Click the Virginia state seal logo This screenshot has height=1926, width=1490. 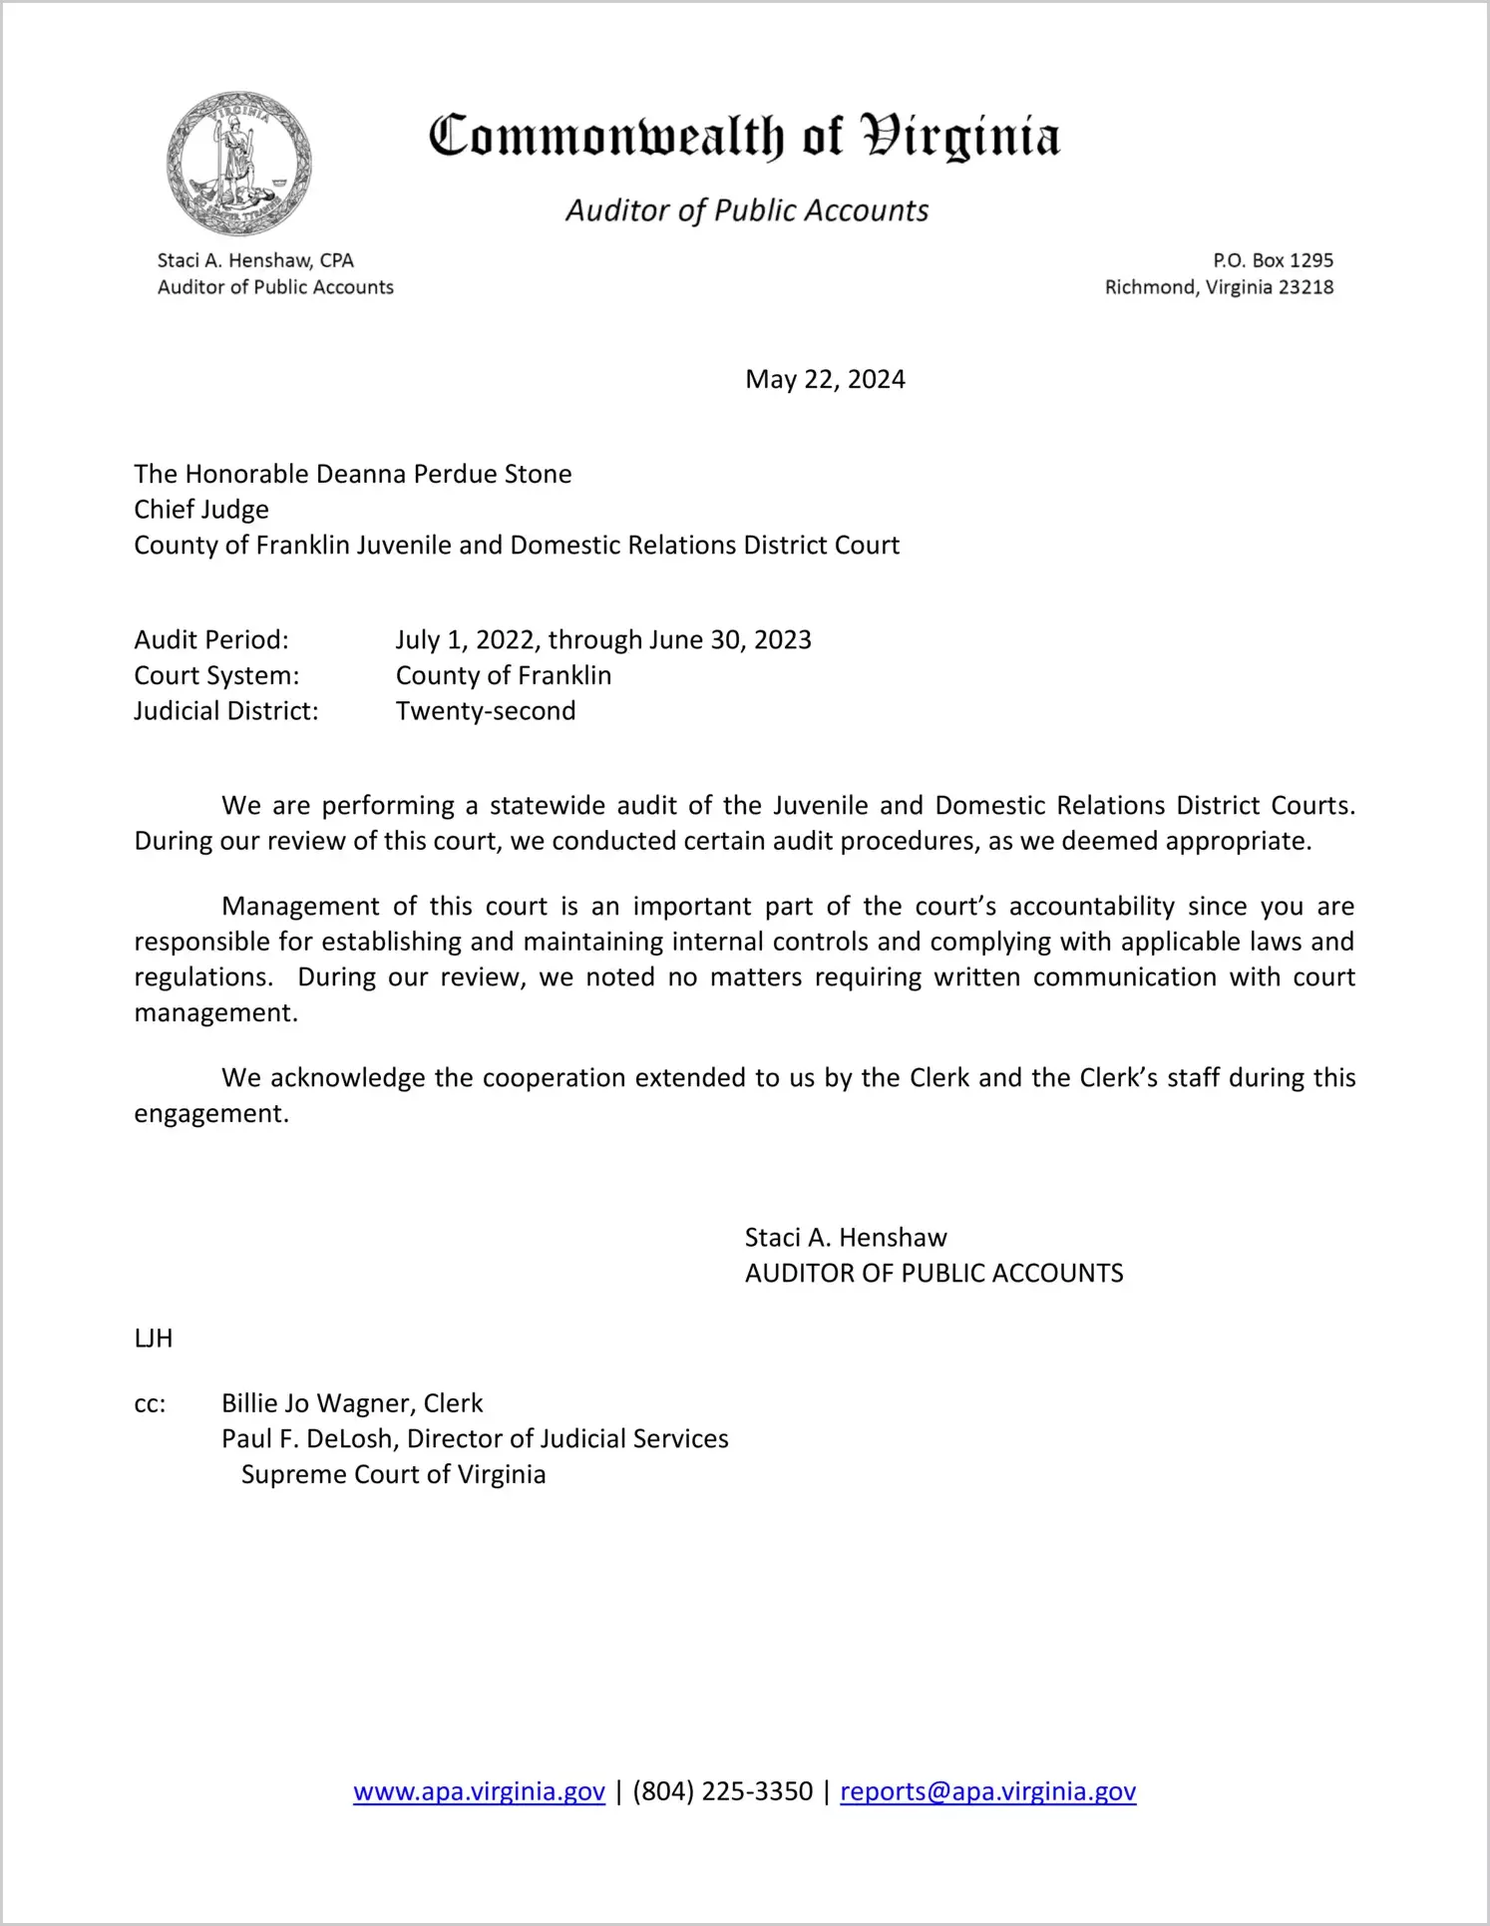pyautogui.click(x=238, y=165)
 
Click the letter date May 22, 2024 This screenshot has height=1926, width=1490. pyautogui.click(x=825, y=379)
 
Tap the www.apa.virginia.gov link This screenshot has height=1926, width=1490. pyautogui.click(x=479, y=1791)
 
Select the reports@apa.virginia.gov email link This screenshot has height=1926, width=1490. pyautogui.click(x=987, y=1791)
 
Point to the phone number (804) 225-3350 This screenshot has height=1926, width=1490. pyautogui.click(x=722, y=1791)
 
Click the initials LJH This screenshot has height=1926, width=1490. pyautogui.click(x=154, y=1339)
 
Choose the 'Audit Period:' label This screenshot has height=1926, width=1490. pyautogui.click(x=211, y=639)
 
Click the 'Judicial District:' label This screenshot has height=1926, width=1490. pyautogui.click(x=226, y=711)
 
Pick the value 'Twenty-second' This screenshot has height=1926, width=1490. pyautogui.click(x=486, y=711)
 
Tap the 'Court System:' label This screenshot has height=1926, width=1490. pyautogui.click(x=216, y=675)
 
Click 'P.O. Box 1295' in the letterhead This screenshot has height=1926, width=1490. pyautogui.click(x=1273, y=260)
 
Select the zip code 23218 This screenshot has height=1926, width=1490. pyautogui.click(x=1305, y=287)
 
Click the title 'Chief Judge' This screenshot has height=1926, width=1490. pyautogui.click(x=201, y=510)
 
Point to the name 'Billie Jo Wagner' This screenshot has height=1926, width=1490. pyautogui.click(x=316, y=1403)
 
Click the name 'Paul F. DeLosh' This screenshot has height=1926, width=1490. pyautogui.click(x=306, y=1438)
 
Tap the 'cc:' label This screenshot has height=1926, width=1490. pyautogui.click(x=150, y=1403)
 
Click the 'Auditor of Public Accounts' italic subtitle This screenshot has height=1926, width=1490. pyautogui.click(x=747, y=210)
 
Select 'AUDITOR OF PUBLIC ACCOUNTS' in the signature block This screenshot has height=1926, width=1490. pyautogui.click(x=933, y=1274)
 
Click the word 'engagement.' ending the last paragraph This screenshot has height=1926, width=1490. pyautogui.click(x=211, y=1113)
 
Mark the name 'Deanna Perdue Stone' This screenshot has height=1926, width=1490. pyautogui.click(x=444, y=474)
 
